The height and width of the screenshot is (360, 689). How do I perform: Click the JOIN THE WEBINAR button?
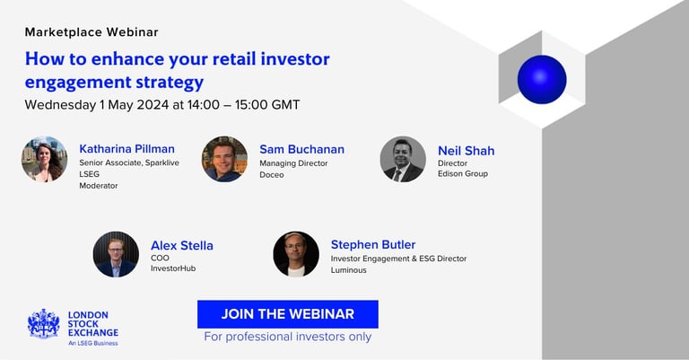288,314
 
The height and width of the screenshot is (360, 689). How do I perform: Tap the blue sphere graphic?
542,80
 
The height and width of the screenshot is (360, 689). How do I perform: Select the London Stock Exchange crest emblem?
43,324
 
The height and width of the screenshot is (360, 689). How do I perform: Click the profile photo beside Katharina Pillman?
44,159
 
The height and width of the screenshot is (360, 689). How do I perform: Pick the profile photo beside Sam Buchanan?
224,159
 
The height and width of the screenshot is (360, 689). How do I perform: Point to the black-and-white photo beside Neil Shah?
403,159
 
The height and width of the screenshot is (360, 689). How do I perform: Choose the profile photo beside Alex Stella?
116,254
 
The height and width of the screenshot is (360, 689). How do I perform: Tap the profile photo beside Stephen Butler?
296,254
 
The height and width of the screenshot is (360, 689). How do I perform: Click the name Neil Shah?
467,151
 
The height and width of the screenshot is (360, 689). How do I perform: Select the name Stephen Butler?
373,244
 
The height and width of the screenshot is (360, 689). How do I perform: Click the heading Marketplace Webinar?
92,32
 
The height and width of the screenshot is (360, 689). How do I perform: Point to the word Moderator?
99,186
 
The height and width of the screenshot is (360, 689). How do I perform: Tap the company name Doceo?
272,174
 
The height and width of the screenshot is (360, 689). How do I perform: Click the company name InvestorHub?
173,268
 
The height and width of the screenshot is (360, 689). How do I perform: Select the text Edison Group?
463,173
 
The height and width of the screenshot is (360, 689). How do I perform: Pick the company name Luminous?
348,270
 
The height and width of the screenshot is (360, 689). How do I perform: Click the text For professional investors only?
288,337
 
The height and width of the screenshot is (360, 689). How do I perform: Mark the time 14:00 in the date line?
204,105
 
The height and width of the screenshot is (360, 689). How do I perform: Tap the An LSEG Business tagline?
93,343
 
